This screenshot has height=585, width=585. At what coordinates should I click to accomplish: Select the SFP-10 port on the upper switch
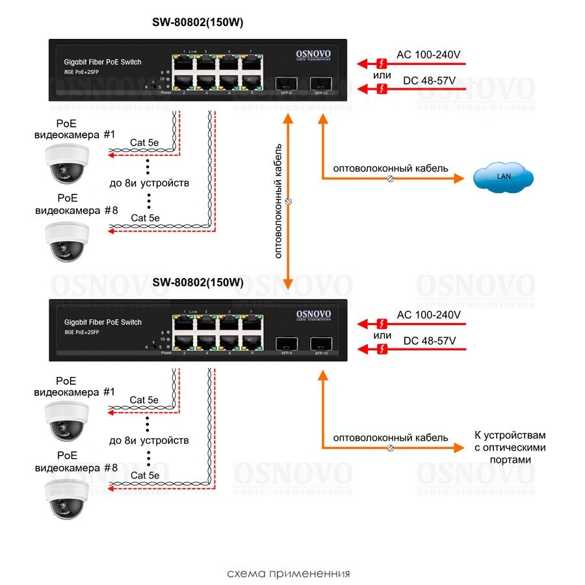(x=318, y=84)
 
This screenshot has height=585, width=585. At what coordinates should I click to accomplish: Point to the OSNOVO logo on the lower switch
(x=314, y=315)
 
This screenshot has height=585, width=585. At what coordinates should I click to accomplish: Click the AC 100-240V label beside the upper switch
(x=428, y=55)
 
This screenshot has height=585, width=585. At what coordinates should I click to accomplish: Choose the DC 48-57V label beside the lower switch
(x=429, y=341)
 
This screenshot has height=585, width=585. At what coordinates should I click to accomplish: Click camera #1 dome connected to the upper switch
(x=66, y=162)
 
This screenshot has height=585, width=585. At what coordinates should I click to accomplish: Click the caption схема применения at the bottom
(x=289, y=574)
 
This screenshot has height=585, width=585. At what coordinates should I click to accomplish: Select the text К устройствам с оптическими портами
(x=510, y=447)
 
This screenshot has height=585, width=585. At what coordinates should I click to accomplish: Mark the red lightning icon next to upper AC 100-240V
(x=382, y=64)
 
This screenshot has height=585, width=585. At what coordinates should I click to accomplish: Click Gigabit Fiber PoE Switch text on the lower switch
(x=103, y=322)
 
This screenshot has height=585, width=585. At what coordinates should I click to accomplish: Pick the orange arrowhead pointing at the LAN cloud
(x=460, y=177)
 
